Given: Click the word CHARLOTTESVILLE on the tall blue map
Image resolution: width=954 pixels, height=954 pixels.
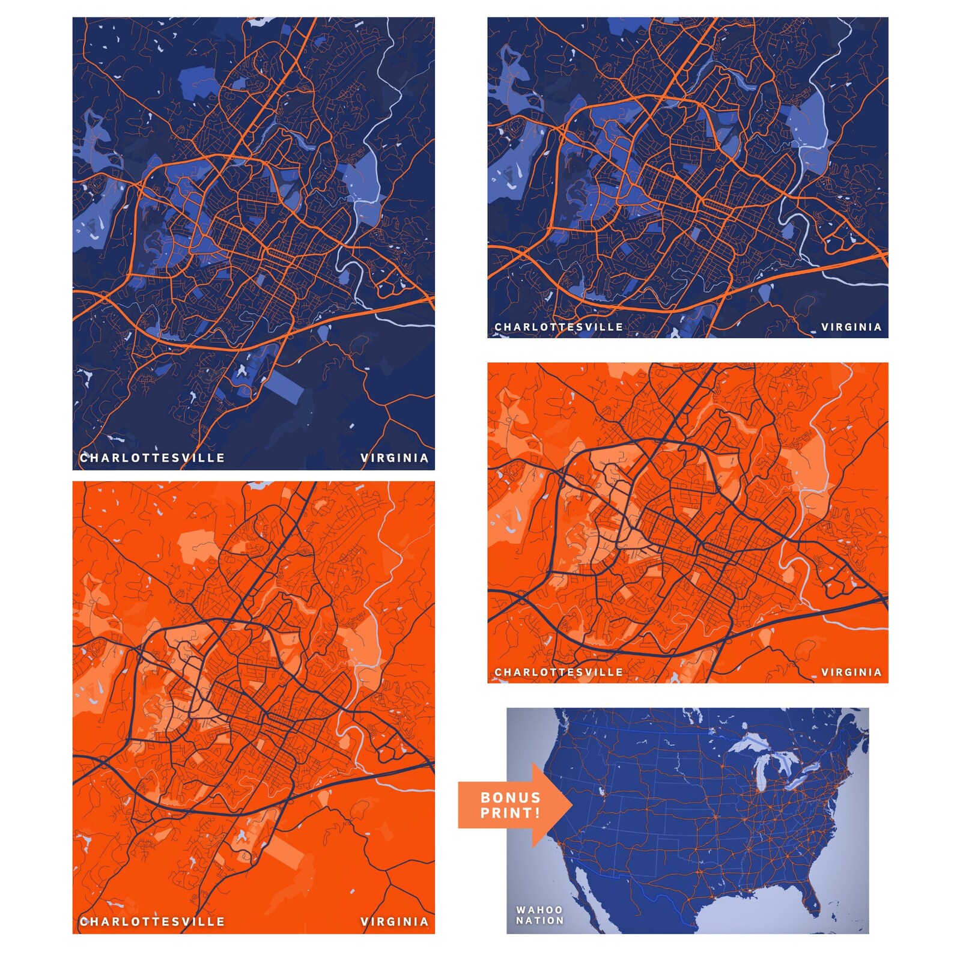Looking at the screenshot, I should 153,458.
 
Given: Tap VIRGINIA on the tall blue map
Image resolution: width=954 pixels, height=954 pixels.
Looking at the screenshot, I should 395,458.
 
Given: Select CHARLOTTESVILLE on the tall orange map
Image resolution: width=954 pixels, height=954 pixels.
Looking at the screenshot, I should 153,922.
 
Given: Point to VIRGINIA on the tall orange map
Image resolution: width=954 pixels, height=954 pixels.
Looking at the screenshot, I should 395,922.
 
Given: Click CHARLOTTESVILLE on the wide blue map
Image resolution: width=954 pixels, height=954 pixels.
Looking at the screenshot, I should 559,327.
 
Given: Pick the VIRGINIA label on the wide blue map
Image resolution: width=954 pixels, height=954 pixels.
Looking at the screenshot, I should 851,327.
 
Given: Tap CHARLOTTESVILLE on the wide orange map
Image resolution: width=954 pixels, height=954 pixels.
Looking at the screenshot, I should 559,672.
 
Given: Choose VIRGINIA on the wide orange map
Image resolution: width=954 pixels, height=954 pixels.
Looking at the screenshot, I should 851,672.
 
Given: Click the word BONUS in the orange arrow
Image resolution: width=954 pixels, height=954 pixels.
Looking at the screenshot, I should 511,798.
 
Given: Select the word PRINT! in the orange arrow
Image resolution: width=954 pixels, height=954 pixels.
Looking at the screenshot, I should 511,813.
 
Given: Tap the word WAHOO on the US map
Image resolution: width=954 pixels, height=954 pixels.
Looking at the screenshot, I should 539,910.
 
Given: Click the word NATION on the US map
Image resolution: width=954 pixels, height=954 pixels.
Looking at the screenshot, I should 539,920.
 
